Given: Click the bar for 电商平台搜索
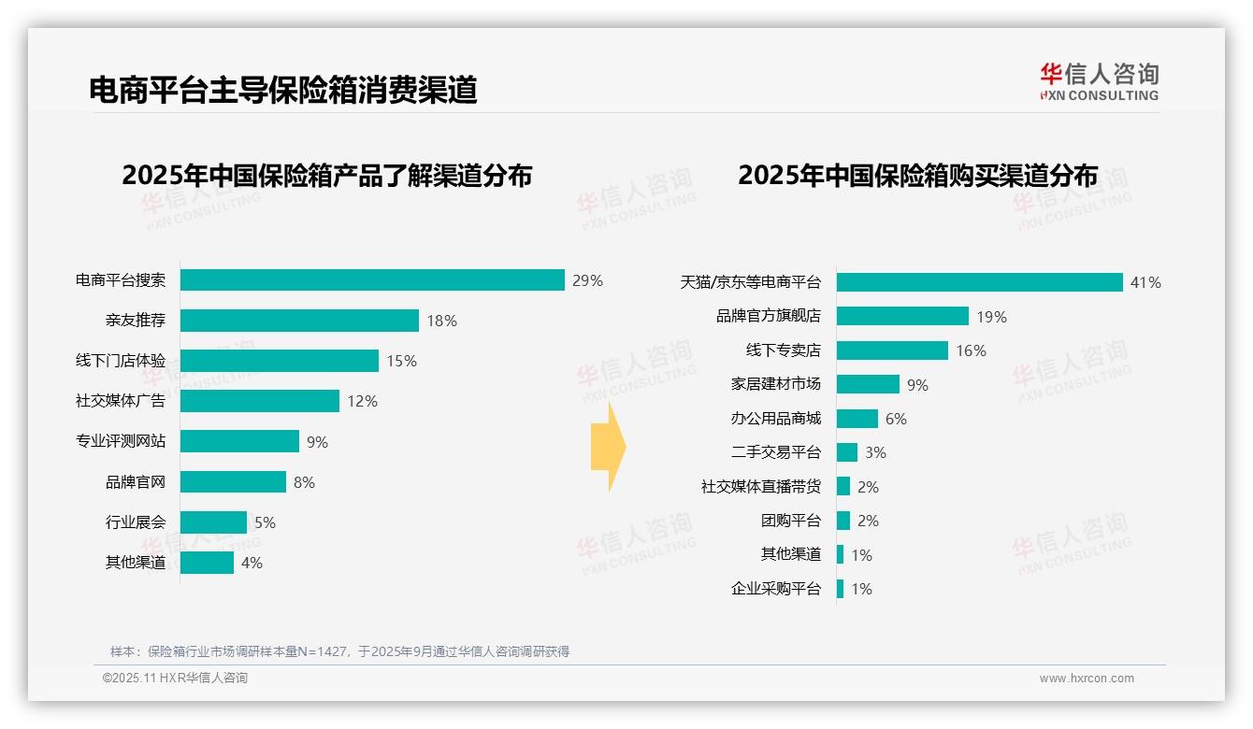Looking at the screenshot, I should tap(372, 280).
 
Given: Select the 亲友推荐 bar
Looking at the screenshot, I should tap(299, 321).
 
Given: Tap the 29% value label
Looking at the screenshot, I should tap(588, 280).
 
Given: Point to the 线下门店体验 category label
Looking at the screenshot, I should tap(121, 361).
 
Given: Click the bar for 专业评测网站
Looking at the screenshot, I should tap(239, 441).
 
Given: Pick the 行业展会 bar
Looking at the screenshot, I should tap(213, 522).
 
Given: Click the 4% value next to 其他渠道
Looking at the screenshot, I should tap(252, 563).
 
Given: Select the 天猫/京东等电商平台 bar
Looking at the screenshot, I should tap(979, 282).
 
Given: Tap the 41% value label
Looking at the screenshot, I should tap(1145, 282).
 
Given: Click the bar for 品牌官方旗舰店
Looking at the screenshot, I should tap(902, 316).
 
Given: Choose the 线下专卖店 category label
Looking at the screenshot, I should tap(783, 350).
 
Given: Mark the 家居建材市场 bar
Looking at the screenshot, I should tap(868, 384).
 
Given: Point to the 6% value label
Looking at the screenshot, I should tap(896, 419).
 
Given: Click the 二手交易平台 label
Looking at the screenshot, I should tap(775, 452).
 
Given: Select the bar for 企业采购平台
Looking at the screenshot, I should tap(841, 589).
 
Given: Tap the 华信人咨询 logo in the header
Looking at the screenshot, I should tap(1099, 81).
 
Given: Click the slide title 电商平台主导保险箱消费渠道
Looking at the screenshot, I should tap(283, 90).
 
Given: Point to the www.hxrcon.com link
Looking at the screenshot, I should tap(1087, 679).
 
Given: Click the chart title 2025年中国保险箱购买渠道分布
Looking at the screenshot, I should tap(917, 176).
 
